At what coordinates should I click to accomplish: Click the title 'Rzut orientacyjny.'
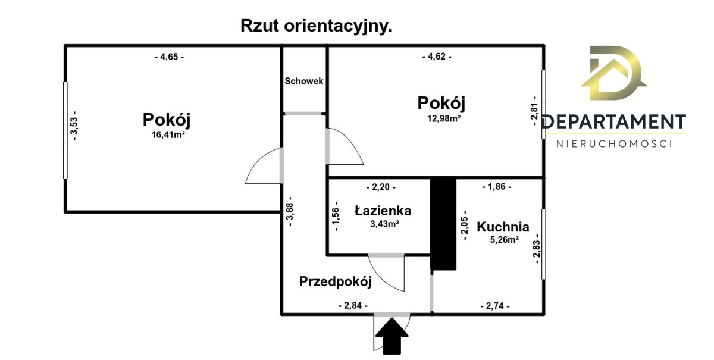tap(316, 26)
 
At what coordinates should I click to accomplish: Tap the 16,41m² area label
tap(166, 134)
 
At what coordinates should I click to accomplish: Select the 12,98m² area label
tap(441, 118)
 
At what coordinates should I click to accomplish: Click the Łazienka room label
tap(383, 210)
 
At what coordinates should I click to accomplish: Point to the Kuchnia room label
tap(503, 227)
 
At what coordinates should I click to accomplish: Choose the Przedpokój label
tap(335, 281)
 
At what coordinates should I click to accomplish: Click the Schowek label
tap(304, 81)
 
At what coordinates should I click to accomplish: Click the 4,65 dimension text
tap(169, 57)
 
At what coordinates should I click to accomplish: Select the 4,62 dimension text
tap(437, 57)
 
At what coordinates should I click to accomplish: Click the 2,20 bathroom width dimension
tap(380, 187)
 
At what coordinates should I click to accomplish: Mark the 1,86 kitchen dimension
tap(496, 187)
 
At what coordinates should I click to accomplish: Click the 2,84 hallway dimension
tap(353, 306)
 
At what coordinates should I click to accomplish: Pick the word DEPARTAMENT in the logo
tap(613, 122)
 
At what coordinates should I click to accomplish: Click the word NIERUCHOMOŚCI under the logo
tap(613, 144)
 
